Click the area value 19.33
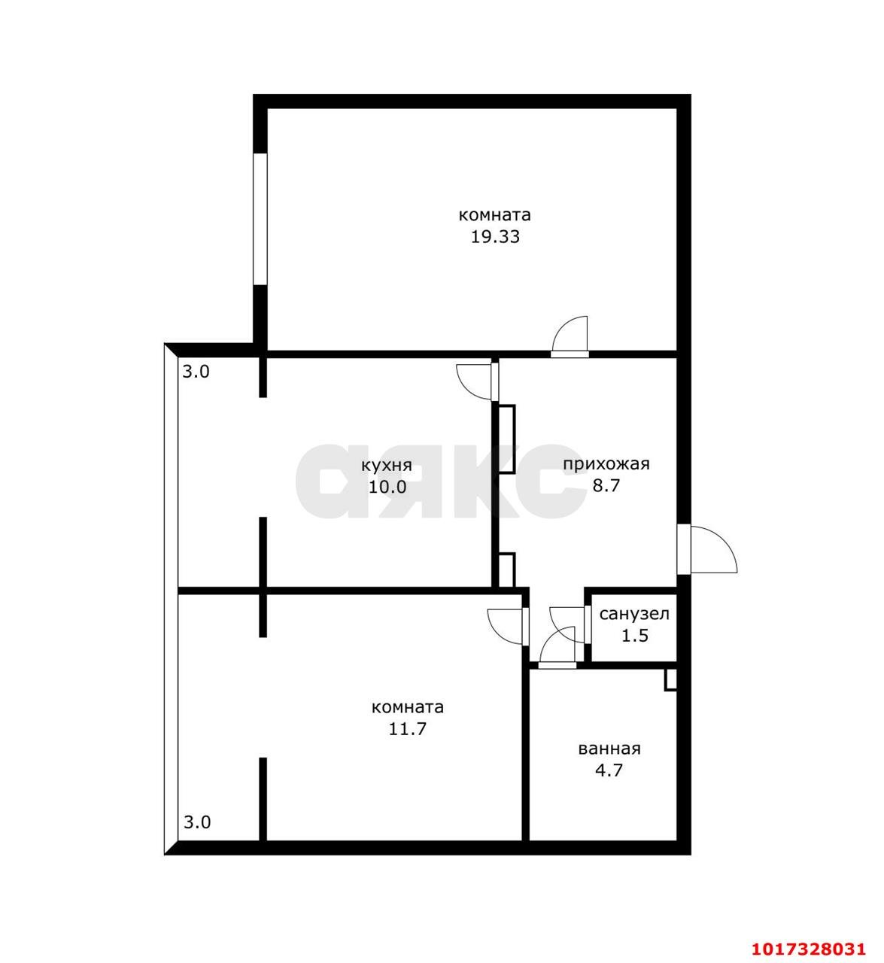(x=494, y=237)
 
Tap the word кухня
(x=387, y=465)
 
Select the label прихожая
(x=606, y=464)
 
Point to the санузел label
(x=634, y=613)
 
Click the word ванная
(x=609, y=749)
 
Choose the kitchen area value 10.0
(x=387, y=487)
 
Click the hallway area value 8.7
(x=606, y=485)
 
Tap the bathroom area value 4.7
(x=609, y=770)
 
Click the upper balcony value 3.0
(x=196, y=371)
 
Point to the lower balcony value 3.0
(x=197, y=822)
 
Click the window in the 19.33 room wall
(x=260, y=219)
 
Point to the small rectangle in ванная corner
(x=671, y=680)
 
